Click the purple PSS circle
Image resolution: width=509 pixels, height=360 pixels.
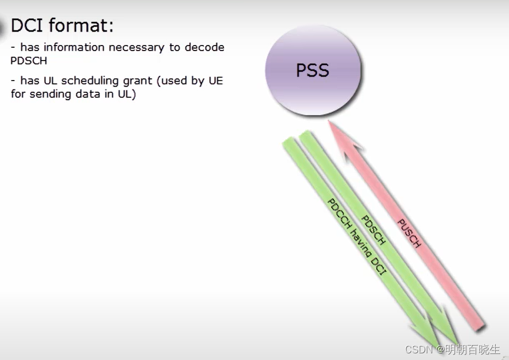pyautogui.click(x=313, y=71)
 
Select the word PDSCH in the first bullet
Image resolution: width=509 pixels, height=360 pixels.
pyautogui.click(x=29, y=61)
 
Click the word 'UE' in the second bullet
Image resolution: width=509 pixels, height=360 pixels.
pyautogui.click(x=216, y=81)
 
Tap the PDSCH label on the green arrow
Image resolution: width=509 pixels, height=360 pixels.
pyautogui.click(x=373, y=230)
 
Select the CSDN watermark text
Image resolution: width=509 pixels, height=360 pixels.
pyautogui.click(x=419, y=349)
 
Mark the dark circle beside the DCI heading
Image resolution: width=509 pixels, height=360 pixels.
pyautogui.click(x=3, y=26)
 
